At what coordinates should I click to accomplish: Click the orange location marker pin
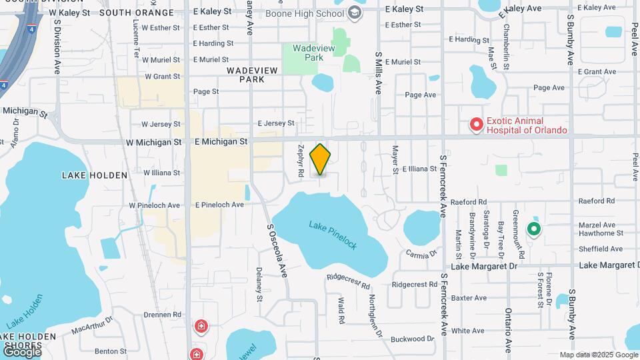321,159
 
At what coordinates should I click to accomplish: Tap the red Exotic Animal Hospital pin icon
476,125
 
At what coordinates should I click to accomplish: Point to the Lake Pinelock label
333,235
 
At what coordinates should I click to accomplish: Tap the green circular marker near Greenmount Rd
533,230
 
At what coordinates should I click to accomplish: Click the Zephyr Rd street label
301,161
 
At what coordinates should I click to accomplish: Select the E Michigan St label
221,141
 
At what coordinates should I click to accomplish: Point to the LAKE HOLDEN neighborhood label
94,175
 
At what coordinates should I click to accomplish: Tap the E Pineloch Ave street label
219,205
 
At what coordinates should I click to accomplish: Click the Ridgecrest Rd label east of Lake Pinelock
414,284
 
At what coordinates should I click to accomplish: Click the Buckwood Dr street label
412,339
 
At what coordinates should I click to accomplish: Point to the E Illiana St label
417,169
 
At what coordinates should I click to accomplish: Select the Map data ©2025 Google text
598,355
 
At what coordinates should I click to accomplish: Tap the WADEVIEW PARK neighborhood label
245,74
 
